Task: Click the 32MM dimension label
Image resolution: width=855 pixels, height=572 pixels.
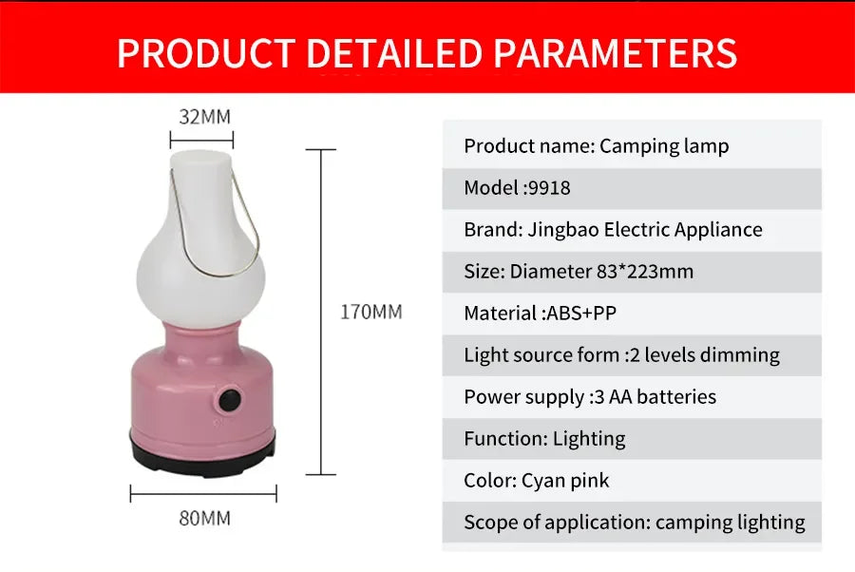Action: pyautogui.click(x=204, y=117)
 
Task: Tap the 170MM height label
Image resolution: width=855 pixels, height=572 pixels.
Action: pyautogui.click(x=370, y=312)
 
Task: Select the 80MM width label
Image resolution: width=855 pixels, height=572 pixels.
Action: pyautogui.click(x=204, y=519)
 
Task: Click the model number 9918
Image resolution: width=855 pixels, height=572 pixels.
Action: pyautogui.click(x=549, y=188)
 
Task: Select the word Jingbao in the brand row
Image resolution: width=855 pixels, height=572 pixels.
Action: pyautogui.click(x=560, y=230)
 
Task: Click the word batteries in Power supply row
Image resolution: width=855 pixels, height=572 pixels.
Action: pyautogui.click(x=676, y=397)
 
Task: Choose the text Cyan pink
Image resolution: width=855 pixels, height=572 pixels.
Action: pyautogui.click(x=565, y=481)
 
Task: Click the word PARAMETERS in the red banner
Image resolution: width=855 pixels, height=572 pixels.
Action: pyautogui.click(x=616, y=52)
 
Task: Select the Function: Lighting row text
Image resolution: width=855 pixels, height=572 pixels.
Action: pyautogui.click(x=544, y=439)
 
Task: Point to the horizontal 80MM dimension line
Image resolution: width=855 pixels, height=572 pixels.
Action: pyautogui.click(x=203, y=493)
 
